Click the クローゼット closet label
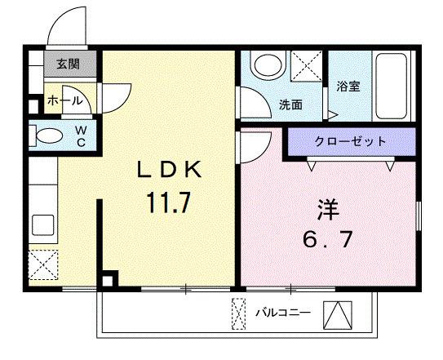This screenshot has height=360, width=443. (350, 142)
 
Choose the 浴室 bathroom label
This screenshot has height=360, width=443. (349, 87)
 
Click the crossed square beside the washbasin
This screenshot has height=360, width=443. (306, 64)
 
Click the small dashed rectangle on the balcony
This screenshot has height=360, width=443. (238, 313)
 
